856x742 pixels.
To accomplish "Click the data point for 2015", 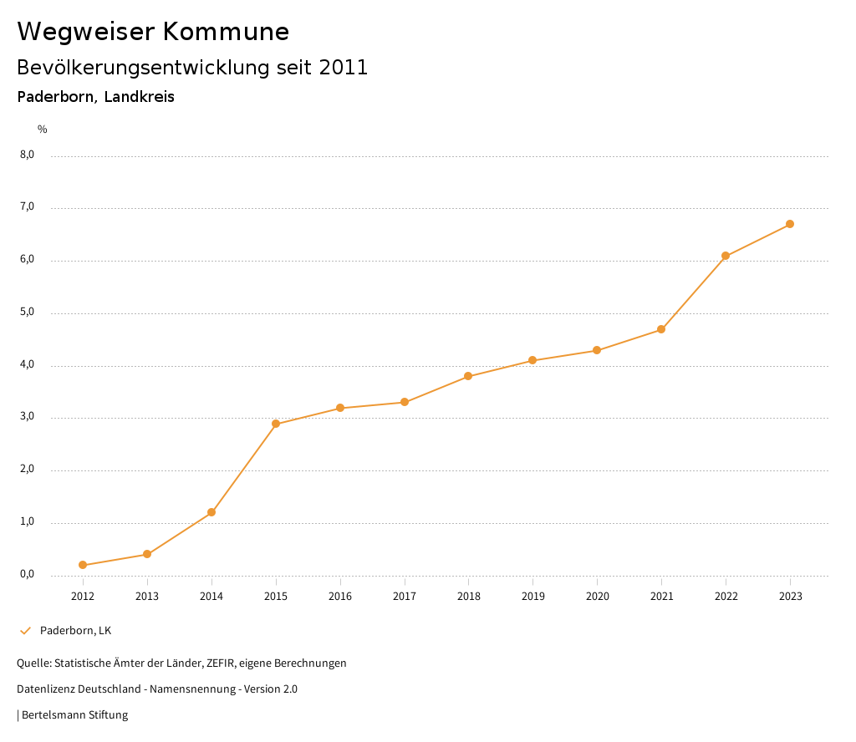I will pos(276,424).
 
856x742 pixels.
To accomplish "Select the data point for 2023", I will pos(790,224).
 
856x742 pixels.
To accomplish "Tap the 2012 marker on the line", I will pos(83,565).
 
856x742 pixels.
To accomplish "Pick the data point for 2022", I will pos(726,256).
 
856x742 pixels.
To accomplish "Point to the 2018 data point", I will pos(468,376).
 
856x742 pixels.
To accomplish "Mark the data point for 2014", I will pos(211,512).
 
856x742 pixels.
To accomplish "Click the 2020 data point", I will pos(597,350).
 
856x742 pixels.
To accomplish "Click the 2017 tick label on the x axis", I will pos(405,597).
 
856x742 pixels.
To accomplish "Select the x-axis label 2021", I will pos(661,597).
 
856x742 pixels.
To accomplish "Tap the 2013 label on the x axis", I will pos(147,597).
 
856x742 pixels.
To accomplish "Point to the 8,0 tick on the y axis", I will pos(28,155).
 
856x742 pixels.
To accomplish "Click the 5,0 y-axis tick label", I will pos(28,313).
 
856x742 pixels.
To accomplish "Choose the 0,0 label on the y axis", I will pos(28,575).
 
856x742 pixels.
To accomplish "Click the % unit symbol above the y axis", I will pos(43,130).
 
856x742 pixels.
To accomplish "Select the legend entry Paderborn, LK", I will pos(75,630).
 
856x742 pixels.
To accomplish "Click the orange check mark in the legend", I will pos(25,630).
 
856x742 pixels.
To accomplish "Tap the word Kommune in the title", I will pos(226,32).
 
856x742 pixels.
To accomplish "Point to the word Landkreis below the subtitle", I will pos(140,97).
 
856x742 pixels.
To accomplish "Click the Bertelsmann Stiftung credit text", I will pos(74,715).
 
